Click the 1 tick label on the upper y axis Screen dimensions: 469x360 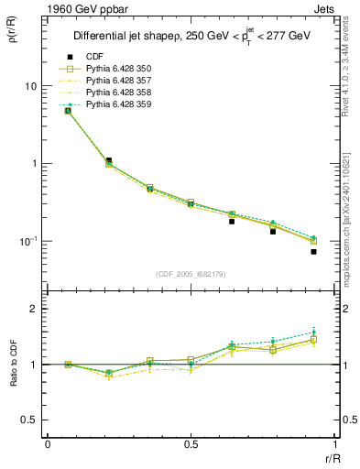coord(34,164)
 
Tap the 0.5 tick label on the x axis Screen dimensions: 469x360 coord(191,444)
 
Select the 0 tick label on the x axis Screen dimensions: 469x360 coord(48,444)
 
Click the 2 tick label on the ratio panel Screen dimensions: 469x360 coord(34,310)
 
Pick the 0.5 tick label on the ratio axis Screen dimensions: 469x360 coord(28,420)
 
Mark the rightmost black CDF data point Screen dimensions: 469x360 coord(313,251)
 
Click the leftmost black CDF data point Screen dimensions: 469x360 coord(68,111)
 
